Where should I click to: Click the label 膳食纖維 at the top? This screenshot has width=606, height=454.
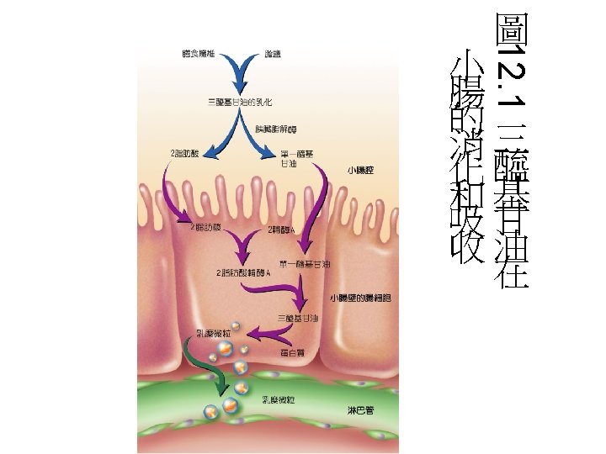coord(199,54)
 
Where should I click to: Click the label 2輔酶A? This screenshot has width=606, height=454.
coord(280,229)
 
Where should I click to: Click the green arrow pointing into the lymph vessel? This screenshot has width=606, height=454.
coord(205,367)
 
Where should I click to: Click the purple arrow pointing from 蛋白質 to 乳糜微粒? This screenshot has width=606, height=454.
coord(269,335)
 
